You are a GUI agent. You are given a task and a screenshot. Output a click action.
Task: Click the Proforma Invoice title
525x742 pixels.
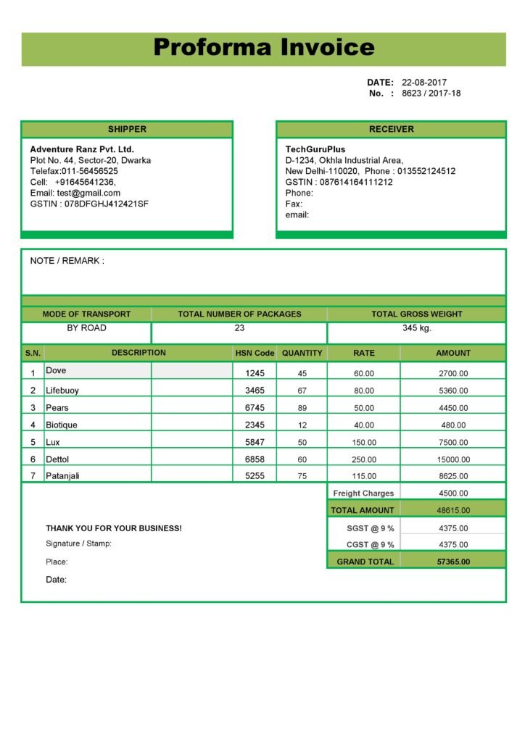click(264, 48)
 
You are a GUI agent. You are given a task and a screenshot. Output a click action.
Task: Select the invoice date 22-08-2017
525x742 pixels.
click(424, 83)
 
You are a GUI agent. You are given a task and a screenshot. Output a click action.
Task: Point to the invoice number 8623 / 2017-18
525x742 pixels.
click(431, 93)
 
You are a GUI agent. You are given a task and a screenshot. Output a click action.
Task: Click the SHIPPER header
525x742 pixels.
click(127, 130)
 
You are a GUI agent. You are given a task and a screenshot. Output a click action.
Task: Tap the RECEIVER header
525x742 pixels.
click(391, 130)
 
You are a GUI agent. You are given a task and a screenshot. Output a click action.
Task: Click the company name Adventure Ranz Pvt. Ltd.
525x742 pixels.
click(82, 149)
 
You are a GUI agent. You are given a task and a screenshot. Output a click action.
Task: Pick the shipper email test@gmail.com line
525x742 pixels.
click(75, 193)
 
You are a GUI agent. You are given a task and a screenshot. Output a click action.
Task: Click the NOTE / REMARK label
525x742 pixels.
click(67, 261)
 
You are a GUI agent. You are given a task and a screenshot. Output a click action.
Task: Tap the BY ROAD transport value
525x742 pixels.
click(86, 328)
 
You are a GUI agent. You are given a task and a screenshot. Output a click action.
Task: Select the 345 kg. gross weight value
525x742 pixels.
click(417, 328)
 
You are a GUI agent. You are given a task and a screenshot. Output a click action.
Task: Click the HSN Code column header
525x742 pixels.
click(255, 354)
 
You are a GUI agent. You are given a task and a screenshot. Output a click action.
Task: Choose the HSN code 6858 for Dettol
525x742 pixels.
click(255, 459)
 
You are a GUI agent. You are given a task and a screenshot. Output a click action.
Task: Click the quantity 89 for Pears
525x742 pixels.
click(302, 408)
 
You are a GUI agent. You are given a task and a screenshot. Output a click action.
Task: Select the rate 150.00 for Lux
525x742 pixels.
click(364, 443)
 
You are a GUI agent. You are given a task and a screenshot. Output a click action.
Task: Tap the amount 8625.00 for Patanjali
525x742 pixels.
click(453, 477)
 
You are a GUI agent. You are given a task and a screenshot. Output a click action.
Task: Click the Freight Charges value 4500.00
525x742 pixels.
click(453, 493)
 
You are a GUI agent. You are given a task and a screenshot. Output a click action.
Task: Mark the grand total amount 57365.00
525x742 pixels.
click(453, 562)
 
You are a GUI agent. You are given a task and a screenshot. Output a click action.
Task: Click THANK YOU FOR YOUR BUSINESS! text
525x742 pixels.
click(114, 529)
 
